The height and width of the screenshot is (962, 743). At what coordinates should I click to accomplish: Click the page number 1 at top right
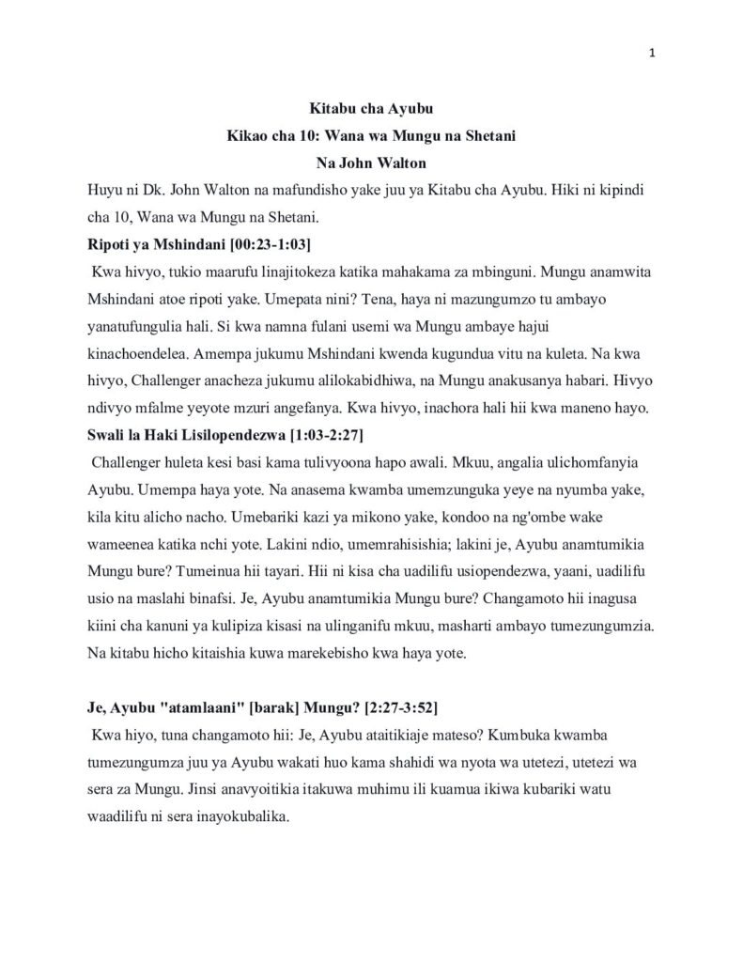point(652,54)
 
